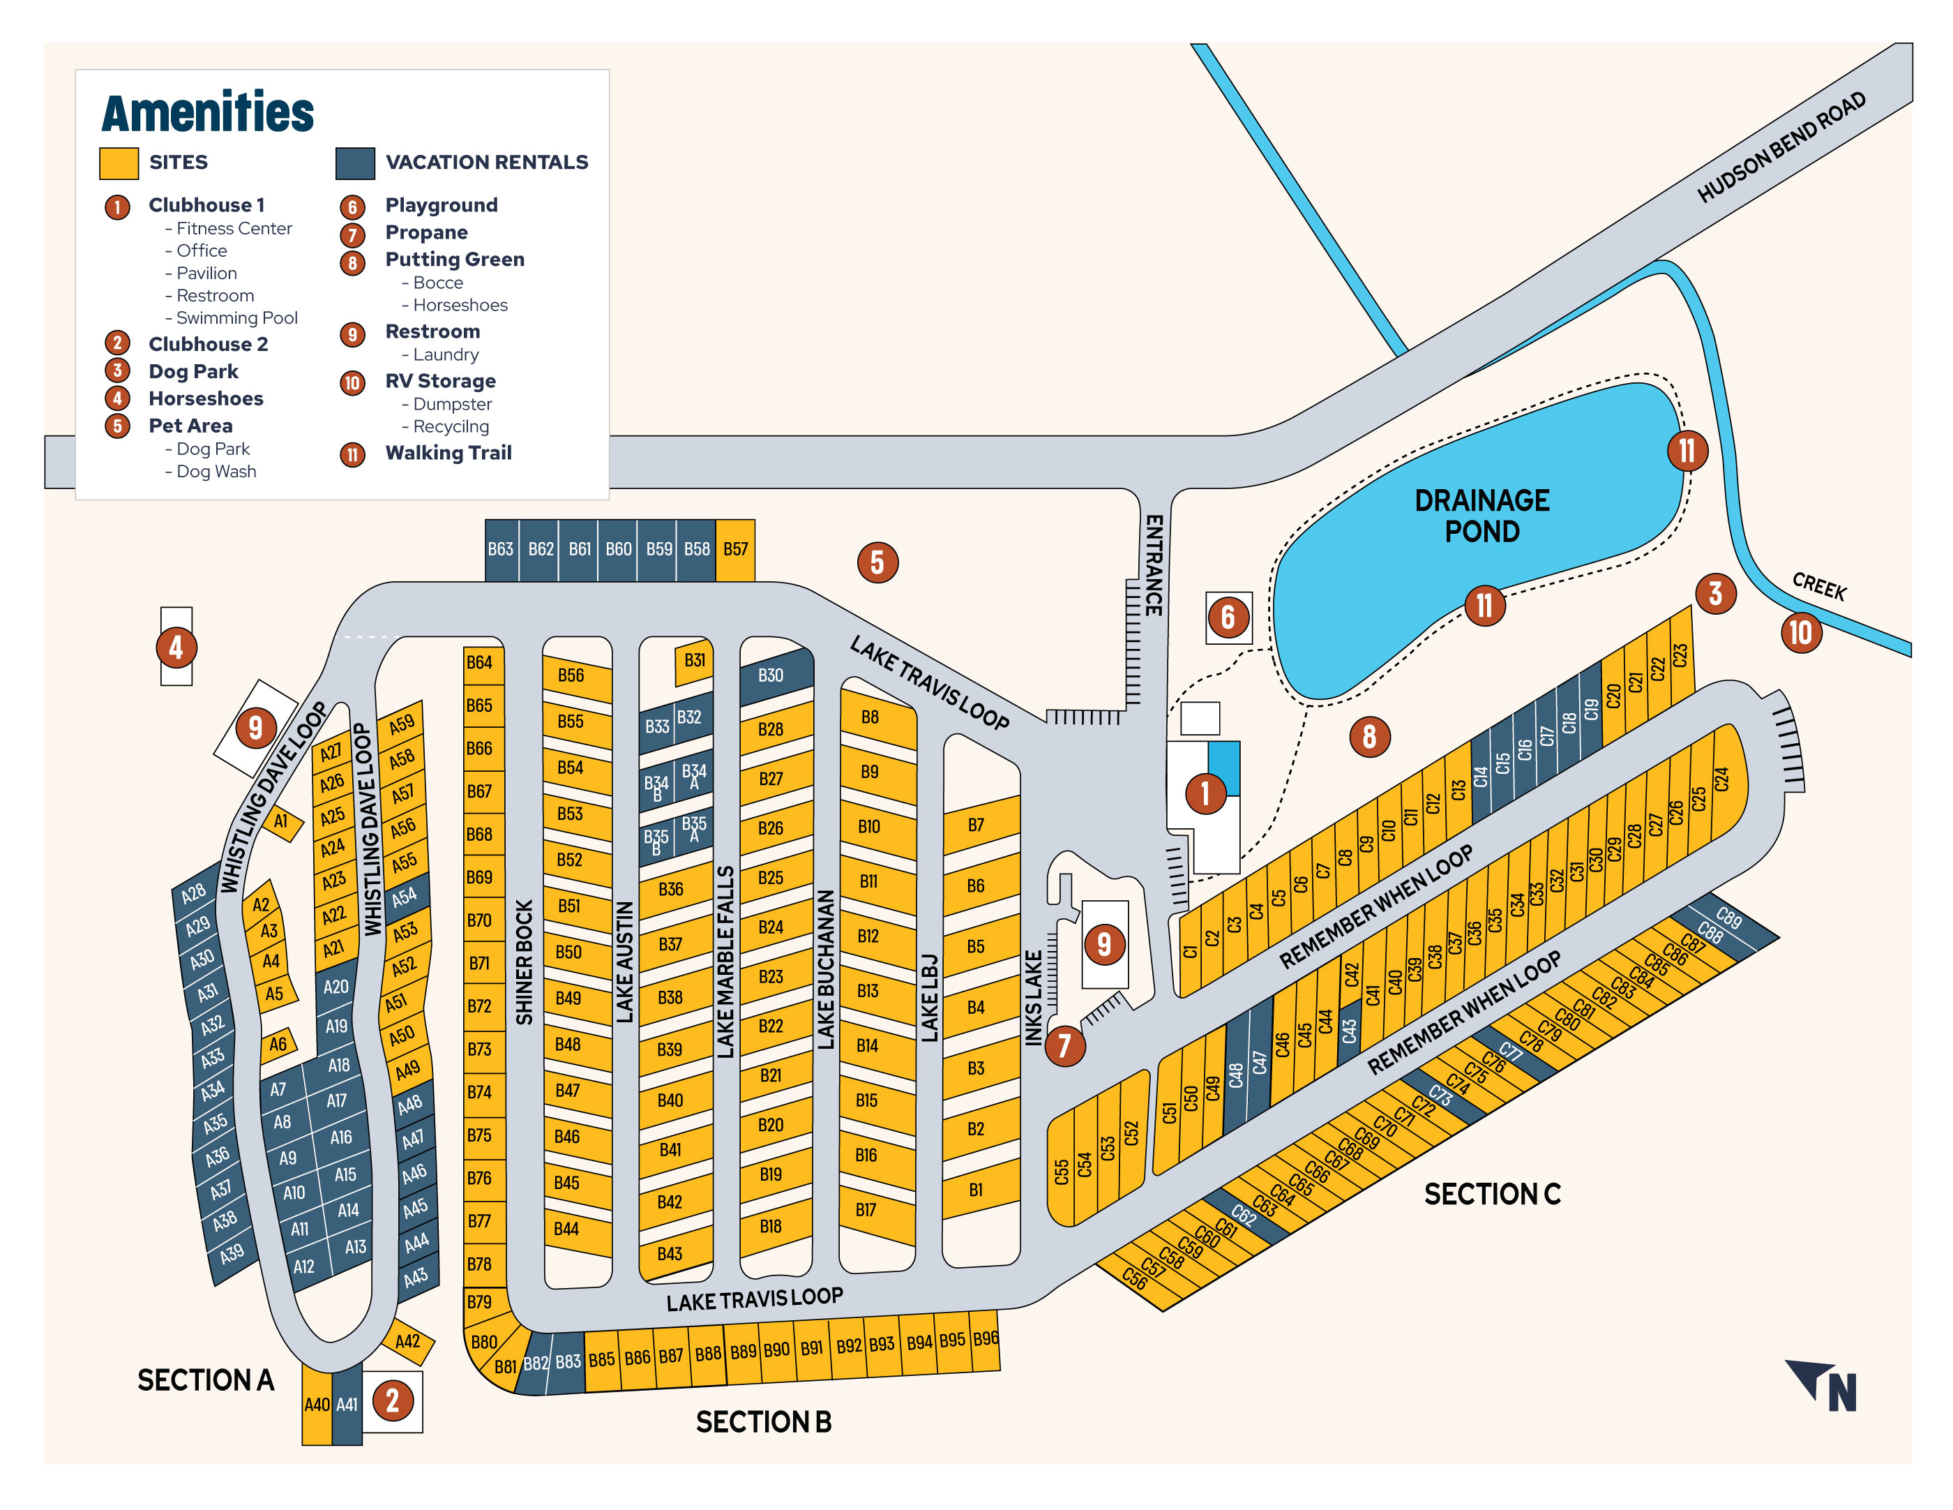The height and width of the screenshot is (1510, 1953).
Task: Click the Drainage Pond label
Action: [x=1481, y=515]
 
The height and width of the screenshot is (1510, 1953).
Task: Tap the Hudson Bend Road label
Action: [x=1781, y=147]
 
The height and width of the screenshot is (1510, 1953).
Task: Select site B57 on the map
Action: [x=735, y=549]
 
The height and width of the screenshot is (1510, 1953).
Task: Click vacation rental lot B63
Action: [x=501, y=549]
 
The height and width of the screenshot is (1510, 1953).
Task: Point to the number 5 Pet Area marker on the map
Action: [x=877, y=562]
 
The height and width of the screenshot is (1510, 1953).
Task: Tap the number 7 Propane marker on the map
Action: [x=1064, y=1045]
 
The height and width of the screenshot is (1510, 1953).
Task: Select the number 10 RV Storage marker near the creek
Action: [x=1800, y=632]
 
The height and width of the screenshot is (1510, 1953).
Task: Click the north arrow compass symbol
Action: [x=1824, y=1386]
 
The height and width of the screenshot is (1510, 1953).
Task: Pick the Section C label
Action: [x=1491, y=1194]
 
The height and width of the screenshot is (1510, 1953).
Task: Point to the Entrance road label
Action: [x=1154, y=565]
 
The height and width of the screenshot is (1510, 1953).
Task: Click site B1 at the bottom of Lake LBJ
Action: [x=976, y=1190]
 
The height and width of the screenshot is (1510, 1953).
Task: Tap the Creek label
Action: [x=1819, y=587]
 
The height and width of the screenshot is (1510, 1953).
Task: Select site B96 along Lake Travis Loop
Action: [x=986, y=1339]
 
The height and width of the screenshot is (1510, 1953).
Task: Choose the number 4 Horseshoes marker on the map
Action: [x=176, y=647]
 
